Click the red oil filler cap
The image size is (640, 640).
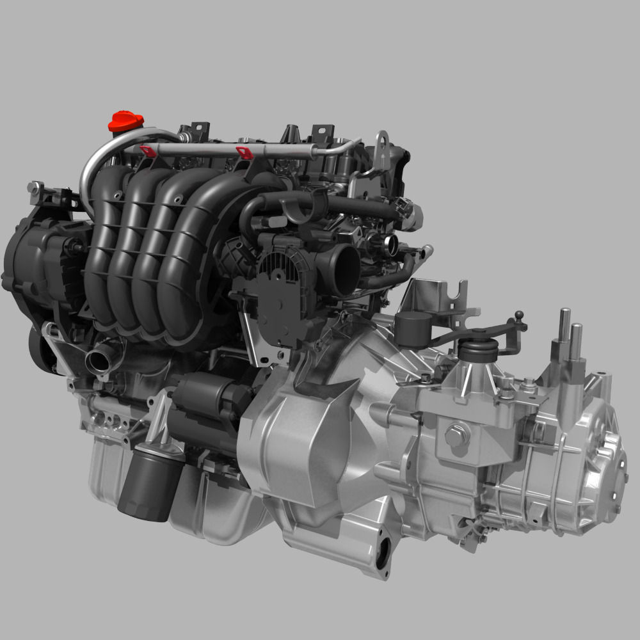point(125,121)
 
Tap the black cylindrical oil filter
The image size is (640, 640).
point(147,480)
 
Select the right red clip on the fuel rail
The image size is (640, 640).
point(244,152)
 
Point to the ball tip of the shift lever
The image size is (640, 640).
point(519,315)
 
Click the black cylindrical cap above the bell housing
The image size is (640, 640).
point(413,328)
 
